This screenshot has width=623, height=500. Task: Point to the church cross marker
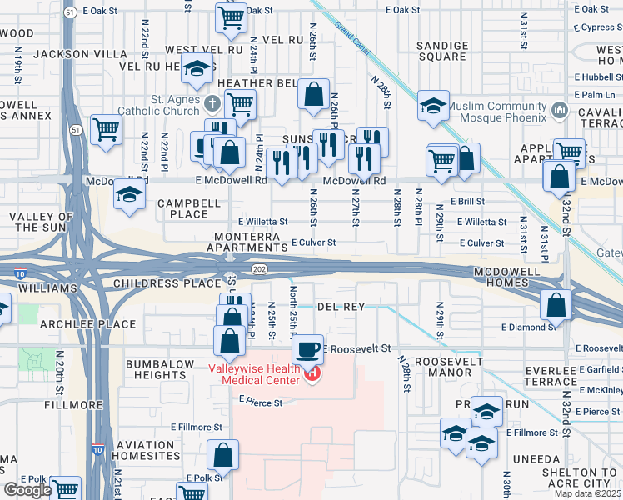[x=213, y=105]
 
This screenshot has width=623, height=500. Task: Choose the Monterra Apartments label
[x=242, y=242]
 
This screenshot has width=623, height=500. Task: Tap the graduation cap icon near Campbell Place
[x=129, y=192]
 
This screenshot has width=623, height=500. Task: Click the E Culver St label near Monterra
[x=312, y=242]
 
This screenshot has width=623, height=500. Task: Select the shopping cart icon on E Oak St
[x=231, y=16]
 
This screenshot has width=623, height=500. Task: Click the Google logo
[x=27, y=490]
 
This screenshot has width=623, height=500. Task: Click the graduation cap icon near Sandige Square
[x=433, y=106]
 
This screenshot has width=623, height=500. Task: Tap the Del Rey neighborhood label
[x=341, y=307]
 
